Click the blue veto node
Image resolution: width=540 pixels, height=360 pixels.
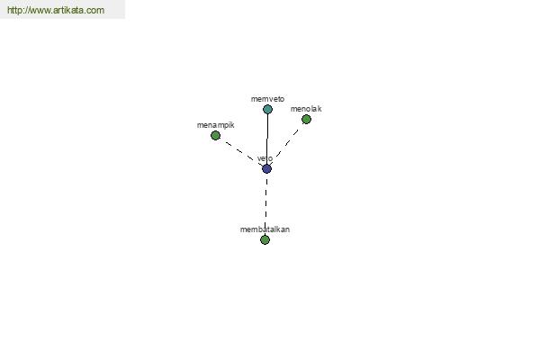pos(267,169)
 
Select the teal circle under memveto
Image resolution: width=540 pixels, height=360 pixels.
pos(267,109)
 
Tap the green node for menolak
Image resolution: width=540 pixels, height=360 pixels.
pos(306,119)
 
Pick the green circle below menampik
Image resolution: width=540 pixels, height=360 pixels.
pos(215,135)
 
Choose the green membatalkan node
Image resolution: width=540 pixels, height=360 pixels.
pos(265,239)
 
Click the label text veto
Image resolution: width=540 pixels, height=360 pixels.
pos(265,158)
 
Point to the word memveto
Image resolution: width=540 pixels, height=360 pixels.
pos(267,99)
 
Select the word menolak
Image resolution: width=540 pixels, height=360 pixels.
pos(306,109)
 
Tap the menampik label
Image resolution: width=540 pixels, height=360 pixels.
pos(216,125)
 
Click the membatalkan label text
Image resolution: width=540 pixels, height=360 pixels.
pos(265,229)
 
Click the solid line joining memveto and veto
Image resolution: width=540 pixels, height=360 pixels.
pos(267,139)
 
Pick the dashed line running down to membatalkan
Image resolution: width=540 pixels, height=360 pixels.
pos(265,204)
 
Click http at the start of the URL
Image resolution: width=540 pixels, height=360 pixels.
pos(14,10)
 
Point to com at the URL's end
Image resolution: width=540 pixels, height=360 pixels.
pos(96,11)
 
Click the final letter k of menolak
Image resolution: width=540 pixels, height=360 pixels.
pos(319,109)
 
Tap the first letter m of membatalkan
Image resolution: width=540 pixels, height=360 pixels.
pos(243,229)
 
